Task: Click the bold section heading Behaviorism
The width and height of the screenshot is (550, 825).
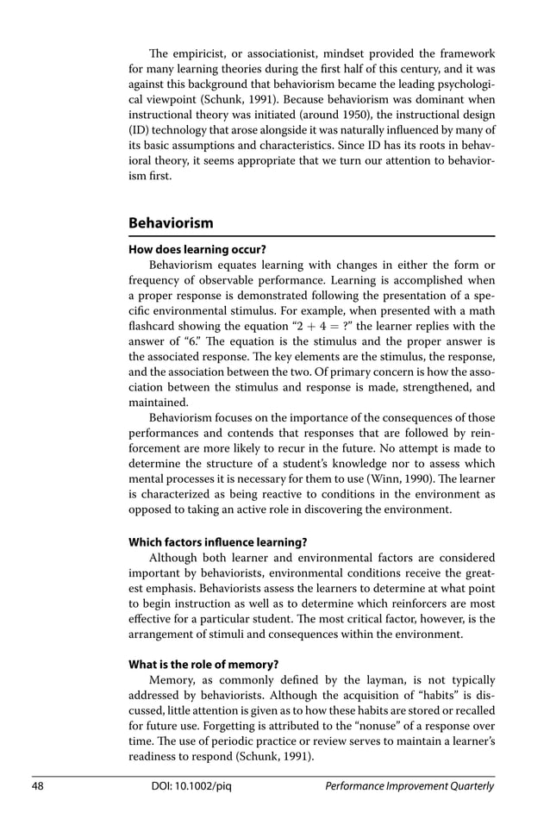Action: click(x=171, y=223)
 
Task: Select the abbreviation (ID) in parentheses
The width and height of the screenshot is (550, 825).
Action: click(x=140, y=130)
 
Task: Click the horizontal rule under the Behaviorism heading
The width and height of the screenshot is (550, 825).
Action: click(x=311, y=236)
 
